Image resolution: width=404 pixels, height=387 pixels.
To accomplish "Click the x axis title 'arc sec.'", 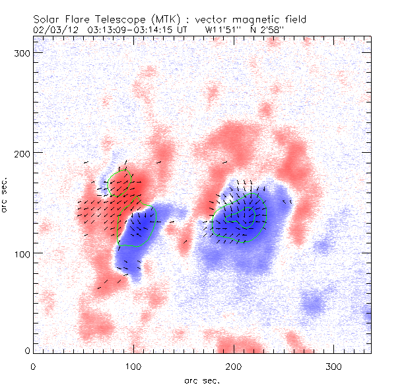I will tap(201, 380).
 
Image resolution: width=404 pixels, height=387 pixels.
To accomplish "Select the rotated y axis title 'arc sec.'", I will tap(5, 194).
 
